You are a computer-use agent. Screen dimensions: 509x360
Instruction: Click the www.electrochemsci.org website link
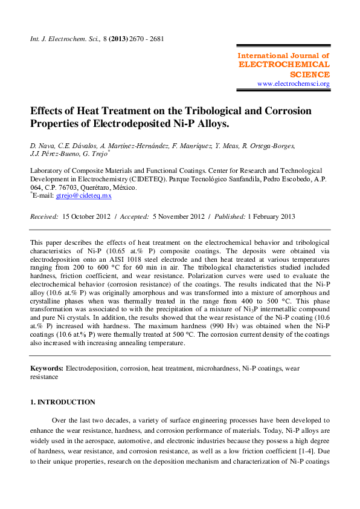point(293,83)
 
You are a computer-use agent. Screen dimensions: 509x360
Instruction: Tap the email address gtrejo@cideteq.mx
point(83,196)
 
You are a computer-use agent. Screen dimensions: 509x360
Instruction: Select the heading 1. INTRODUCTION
point(63,402)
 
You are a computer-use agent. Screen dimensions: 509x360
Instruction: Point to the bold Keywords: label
point(47,368)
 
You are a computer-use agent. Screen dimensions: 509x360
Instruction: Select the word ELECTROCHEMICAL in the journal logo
point(284,65)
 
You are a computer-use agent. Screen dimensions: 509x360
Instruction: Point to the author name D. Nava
point(41,146)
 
